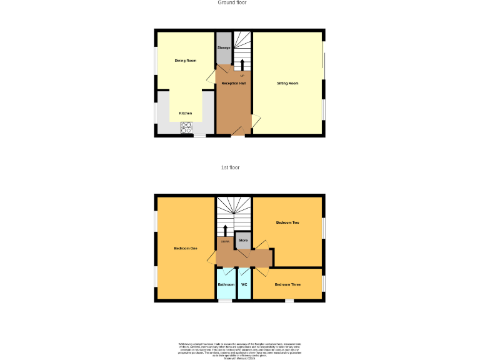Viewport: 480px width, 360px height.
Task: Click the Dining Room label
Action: [x=186, y=61]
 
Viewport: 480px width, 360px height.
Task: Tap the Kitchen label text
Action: [x=186, y=113]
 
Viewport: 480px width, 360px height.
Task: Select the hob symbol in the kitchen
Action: [x=186, y=127]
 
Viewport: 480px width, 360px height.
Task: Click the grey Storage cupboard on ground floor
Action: [x=224, y=48]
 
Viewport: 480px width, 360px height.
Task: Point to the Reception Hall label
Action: [x=234, y=83]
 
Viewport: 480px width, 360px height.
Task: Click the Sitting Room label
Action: [x=287, y=83]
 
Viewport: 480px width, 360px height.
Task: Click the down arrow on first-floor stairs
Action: [x=226, y=230]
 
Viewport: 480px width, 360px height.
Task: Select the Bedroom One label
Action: [x=186, y=249]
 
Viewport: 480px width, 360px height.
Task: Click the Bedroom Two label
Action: [x=287, y=223]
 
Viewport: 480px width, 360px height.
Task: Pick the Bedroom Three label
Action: [x=287, y=285]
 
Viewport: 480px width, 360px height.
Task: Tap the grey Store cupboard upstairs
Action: [x=243, y=240]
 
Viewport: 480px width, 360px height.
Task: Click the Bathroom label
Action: [x=226, y=285]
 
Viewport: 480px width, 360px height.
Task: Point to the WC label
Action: [x=244, y=285]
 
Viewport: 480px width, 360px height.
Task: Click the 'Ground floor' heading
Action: [x=232, y=2]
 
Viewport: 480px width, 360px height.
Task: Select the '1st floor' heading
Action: [x=230, y=167]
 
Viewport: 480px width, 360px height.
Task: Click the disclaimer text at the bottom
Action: [x=240, y=349]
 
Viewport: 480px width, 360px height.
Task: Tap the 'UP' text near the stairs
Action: [x=242, y=76]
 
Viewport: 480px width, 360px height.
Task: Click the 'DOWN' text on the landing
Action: [x=225, y=241]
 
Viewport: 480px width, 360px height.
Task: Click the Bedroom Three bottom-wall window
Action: [x=289, y=301]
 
